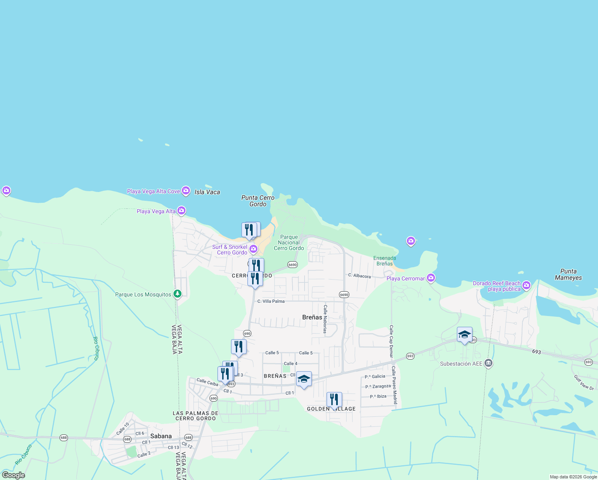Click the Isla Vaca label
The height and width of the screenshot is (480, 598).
point(207,192)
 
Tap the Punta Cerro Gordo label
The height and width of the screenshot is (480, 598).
point(258,201)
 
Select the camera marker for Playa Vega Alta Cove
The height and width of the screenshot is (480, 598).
point(186,191)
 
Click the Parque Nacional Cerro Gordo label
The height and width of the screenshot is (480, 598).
point(289,243)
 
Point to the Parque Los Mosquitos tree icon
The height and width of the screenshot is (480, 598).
point(178,294)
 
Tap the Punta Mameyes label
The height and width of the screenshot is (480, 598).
point(568,274)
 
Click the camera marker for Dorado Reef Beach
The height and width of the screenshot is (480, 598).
point(526,285)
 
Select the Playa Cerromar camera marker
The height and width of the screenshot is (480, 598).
point(431,278)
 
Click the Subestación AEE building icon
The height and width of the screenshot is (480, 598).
point(488,363)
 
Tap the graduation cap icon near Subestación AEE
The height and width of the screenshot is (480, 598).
point(464,335)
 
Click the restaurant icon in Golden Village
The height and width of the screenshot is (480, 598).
point(334,400)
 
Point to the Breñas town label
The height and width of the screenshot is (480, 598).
point(312,317)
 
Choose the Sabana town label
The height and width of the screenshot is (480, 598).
point(161,436)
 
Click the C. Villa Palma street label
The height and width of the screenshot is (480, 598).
point(271,301)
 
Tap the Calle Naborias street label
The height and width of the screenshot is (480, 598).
point(325,319)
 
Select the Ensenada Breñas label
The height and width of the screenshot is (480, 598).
point(385,261)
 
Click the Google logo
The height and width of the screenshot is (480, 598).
point(13,475)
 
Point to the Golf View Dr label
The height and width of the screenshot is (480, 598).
point(584,382)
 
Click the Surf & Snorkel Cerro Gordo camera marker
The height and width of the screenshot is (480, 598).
point(253,250)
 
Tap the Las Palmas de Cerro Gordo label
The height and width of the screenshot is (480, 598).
point(195,416)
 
